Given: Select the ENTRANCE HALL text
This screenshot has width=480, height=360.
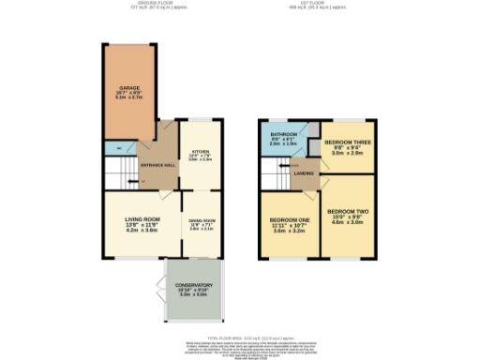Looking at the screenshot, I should [157, 166].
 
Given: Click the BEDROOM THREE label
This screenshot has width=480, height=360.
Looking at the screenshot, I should [344, 142].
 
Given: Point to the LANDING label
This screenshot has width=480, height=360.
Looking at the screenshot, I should [304, 172].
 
